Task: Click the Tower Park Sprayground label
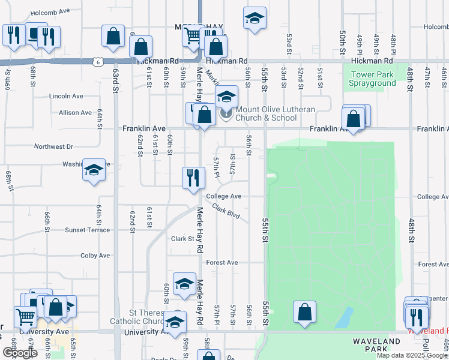(x=372, y=79)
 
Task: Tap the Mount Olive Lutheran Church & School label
(x=266, y=113)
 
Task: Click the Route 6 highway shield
(x=97, y=61)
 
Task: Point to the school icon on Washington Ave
(x=94, y=170)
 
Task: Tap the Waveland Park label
(x=376, y=346)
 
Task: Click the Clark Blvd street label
(x=225, y=213)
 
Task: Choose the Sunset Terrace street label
(x=88, y=230)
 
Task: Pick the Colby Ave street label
(x=95, y=255)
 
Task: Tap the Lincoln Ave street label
(x=66, y=96)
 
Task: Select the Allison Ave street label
(x=75, y=112)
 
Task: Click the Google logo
(x=20, y=353)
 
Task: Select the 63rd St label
(x=114, y=79)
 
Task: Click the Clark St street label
(x=182, y=239)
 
